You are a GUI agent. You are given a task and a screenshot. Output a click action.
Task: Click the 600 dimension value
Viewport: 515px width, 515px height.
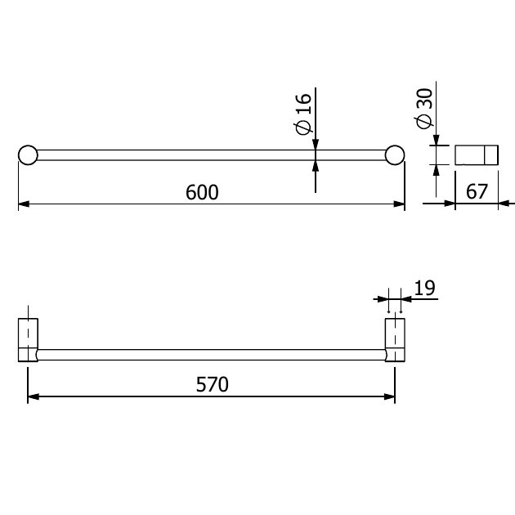202,192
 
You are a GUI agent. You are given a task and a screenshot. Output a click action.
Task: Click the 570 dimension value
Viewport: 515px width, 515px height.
213,384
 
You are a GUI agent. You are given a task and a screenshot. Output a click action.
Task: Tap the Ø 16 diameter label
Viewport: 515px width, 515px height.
302,114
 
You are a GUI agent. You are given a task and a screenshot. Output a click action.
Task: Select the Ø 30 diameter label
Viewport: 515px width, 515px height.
424,109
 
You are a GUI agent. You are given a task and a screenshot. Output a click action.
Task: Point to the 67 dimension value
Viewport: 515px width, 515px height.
477,191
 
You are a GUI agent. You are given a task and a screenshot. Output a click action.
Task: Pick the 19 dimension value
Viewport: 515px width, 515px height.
425,288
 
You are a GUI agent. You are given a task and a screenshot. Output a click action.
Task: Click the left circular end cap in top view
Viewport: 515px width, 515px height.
28,155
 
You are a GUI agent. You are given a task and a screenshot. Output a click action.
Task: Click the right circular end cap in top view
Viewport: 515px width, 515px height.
395,155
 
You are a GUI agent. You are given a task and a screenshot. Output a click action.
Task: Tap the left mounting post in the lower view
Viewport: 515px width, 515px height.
28,340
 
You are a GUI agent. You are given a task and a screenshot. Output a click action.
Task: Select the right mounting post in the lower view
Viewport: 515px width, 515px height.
395,340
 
